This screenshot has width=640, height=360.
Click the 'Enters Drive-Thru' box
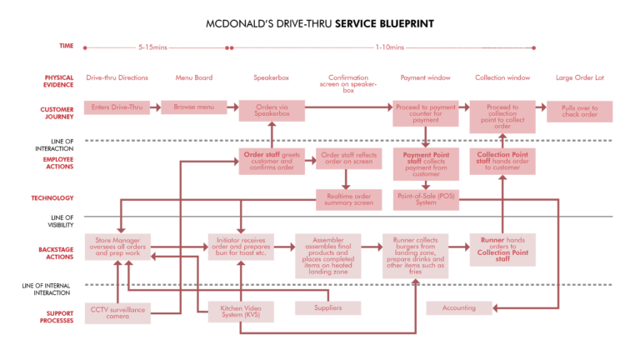click(x=117, y=107)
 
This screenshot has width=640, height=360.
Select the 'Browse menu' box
click(x=193, y=107)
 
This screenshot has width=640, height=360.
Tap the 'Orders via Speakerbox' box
click(x=272, y=111)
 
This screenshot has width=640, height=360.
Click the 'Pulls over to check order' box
click(x=579, y=112)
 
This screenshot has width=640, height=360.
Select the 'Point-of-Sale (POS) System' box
click(x=426, y=200)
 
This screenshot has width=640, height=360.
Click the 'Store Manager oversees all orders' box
click(x=117, y=247)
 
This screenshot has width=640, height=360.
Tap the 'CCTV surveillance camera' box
click(x=117, y=313)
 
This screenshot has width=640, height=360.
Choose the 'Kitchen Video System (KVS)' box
click(x=241, y=312)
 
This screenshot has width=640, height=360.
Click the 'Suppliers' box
click(x=327, y=308)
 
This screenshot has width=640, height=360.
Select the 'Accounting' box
click(x=459, y=308)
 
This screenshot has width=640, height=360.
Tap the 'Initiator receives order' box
click(x=241, y=247)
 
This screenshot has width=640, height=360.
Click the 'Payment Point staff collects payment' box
click(x=426, y=164)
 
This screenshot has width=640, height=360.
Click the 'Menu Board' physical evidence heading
click(x=193, y=78)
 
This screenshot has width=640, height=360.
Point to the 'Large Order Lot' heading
click(x=579, y=78)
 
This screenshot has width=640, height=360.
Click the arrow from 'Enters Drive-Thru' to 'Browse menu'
click(x=156, y=107)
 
